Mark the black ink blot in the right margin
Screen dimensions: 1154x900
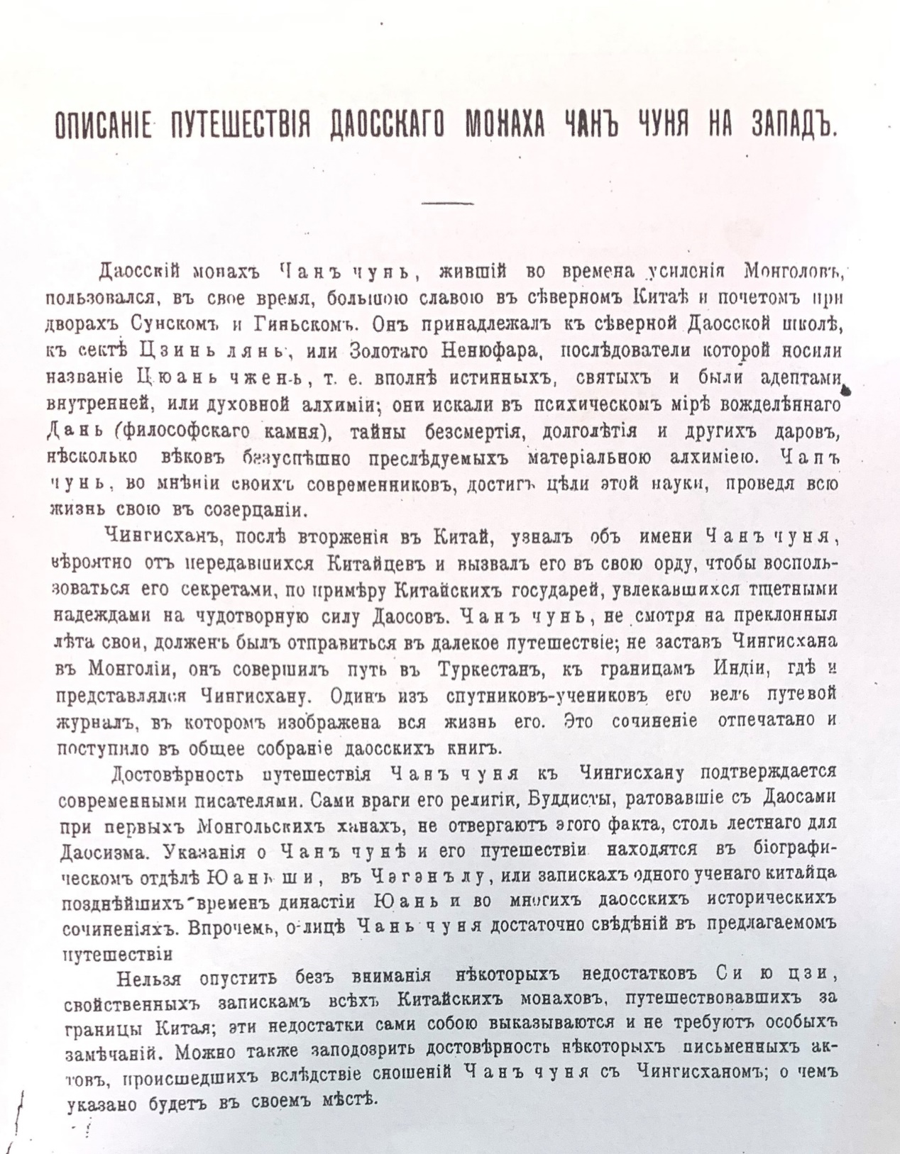pyautogui.click(x=849, y=388)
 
